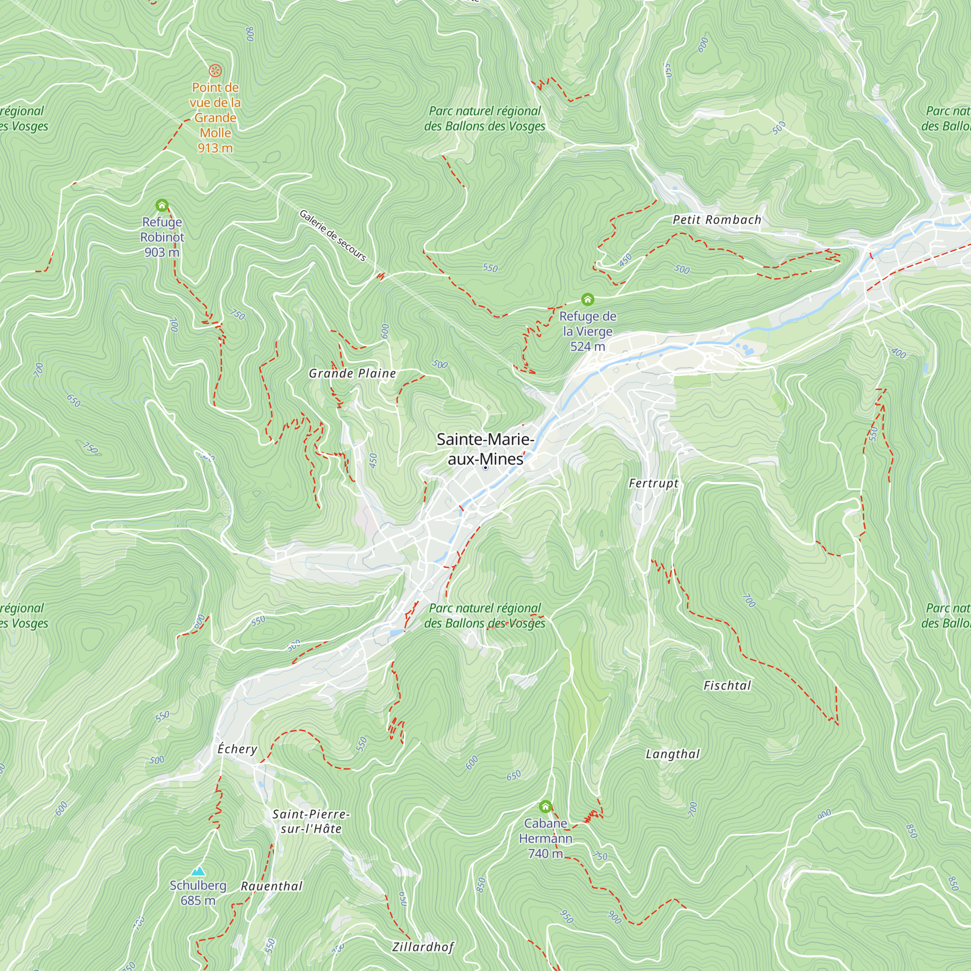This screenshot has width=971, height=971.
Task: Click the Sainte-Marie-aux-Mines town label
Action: [x=485, y=449]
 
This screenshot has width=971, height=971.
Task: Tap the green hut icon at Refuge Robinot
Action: [x=161, y=205]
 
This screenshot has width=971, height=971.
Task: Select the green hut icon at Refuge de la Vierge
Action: [x=587, y=300]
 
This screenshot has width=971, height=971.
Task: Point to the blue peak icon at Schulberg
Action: [x=199, y=871]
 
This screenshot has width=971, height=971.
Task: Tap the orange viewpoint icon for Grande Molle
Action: [x=215, y=70]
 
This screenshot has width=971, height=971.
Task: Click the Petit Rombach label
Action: [x=717, y=219]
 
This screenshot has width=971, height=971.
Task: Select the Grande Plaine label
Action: [x=352, y=373]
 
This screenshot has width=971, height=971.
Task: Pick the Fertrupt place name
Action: [x=653, y=484]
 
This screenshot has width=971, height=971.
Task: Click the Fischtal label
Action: [x=727, y=686]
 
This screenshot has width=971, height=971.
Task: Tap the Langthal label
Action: [x=672, y=754]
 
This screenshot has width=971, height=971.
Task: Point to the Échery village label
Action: [x=237, y=749]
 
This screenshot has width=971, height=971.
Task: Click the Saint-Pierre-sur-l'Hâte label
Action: [x=311, y=821]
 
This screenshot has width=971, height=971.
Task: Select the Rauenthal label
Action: [x=271, y=886]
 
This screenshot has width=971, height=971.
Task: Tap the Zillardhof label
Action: [x=423, y=947]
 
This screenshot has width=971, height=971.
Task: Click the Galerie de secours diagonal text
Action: [x=333, y=235]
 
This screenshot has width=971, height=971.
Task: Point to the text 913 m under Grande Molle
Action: [x=215, y=148]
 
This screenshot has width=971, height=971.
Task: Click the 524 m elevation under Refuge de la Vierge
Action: [x=587, y=346]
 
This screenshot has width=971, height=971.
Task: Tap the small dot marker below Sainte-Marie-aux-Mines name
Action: [x=485, y=468]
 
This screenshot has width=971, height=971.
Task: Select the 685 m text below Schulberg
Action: [x=198, y=901]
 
